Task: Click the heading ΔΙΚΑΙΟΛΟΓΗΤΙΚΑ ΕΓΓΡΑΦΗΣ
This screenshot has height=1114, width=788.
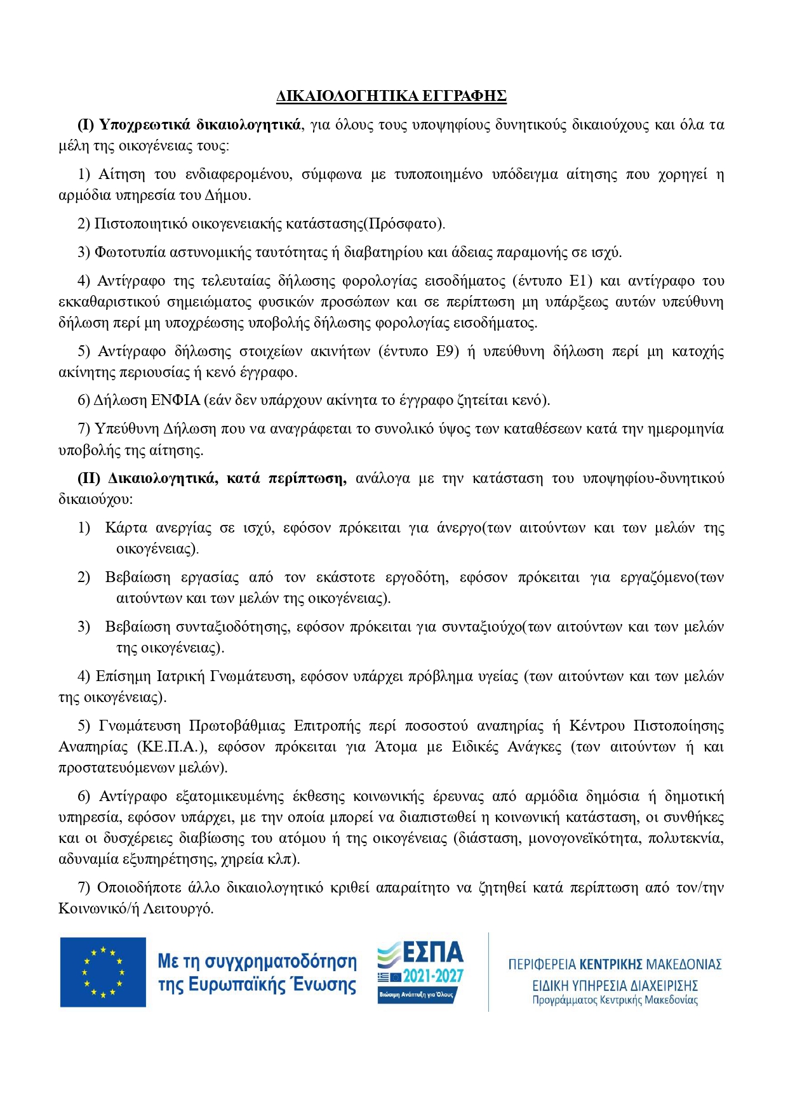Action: (391, 96)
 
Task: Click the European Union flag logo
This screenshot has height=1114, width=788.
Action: (103, 972)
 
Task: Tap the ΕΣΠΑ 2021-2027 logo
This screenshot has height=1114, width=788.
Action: (420, 971)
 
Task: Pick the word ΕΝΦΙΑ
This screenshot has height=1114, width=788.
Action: (175, 401)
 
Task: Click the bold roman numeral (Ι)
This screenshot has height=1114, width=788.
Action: (86, 124)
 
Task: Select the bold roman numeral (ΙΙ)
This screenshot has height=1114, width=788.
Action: (89, 479)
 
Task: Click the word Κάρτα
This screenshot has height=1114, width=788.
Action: (126, 528)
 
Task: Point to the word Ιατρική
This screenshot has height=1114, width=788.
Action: (181, 677)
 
